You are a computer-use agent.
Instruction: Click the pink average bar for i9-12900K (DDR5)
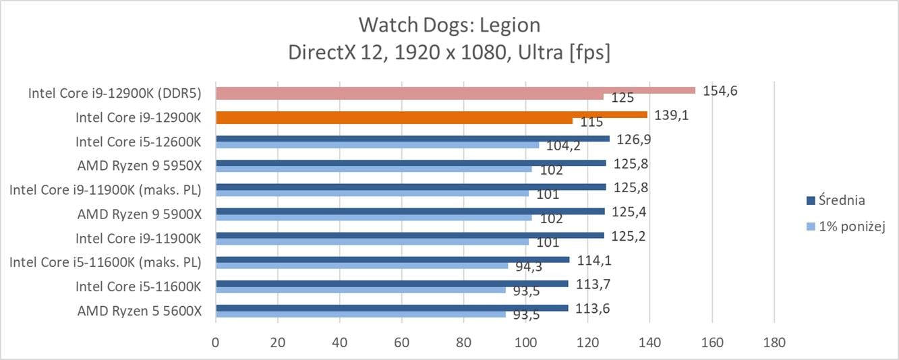(x=455, y=90)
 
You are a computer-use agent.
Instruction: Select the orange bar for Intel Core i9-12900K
(x=432, y=115)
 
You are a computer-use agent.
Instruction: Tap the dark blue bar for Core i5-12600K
(x=413, y=139)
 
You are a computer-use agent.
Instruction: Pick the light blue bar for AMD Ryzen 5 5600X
(x=360, y=313)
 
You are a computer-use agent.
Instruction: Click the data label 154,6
(x=720, y=90)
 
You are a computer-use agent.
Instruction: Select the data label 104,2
(x=562, y=146)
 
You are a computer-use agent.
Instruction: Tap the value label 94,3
(x=528, y=267)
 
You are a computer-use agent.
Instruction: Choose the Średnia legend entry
(x=841, y=200)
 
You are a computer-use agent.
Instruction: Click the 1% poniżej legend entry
(x=850, y=227)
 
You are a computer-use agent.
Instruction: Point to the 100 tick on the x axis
(x=525, y=342)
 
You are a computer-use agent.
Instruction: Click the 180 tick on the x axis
(x=774, y=342)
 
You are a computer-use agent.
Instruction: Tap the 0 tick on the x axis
(x=216, y=342)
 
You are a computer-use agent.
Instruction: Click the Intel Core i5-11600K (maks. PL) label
(x=105, y=262)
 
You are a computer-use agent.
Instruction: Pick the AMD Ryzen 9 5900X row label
(x=139, y=214)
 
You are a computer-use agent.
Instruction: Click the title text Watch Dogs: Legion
(x=449, y=25)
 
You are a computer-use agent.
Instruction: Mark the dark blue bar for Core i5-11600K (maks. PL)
(x=393, y=260)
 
